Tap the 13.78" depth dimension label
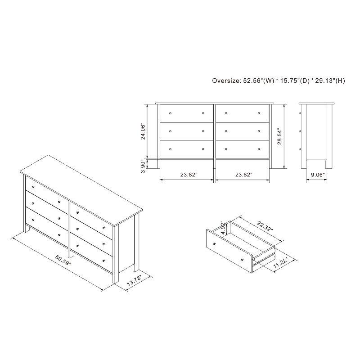[x=135, y=282]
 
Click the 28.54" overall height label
[x=279, y=136]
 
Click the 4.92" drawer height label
[x=222, y=228]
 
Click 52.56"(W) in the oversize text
[x=257, y=81]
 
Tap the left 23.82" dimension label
[x=186, y=174]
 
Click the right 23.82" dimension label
[x=243, y=174]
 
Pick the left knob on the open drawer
[x=214, y=243]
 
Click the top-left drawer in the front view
[x=186, y=113]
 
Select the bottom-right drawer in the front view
[x=243, y=149]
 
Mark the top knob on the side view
[x=300, y=113]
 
